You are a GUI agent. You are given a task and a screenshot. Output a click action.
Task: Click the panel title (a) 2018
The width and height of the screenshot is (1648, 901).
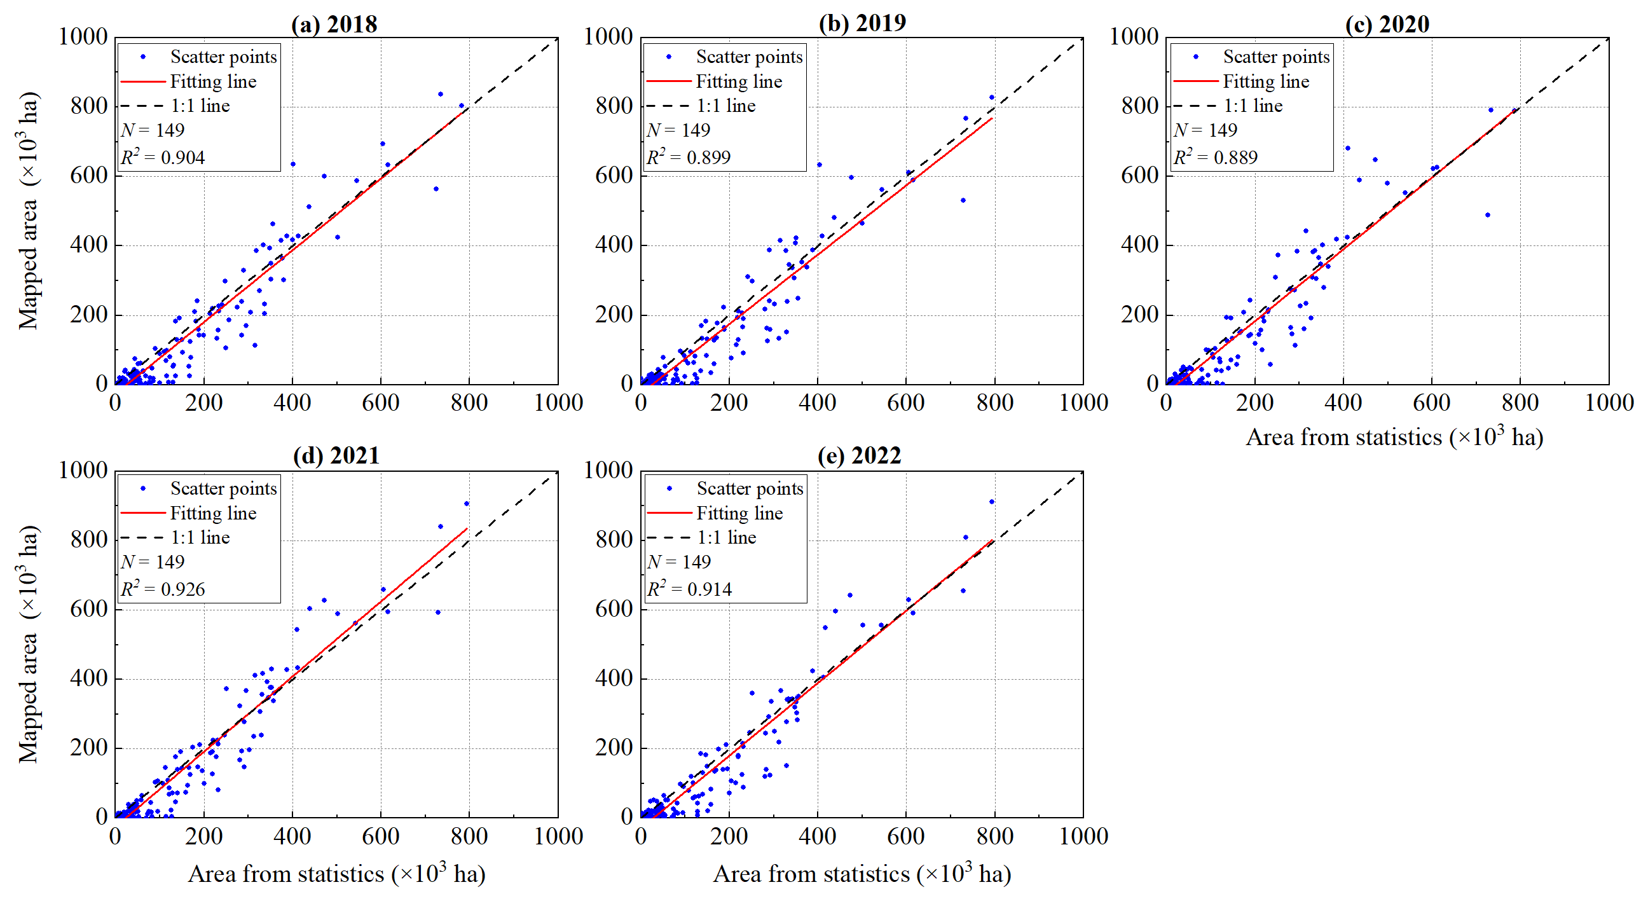(334, 24)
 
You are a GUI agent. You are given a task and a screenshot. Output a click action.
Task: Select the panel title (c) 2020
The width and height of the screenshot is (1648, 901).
(1386, 24)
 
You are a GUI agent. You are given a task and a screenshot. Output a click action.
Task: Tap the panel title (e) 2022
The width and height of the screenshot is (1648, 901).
(859, 456)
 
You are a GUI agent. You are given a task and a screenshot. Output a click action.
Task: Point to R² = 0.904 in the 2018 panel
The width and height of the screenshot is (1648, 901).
(163, 157)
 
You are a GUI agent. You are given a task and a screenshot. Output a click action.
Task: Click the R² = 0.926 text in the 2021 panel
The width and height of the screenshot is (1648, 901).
(163, 589)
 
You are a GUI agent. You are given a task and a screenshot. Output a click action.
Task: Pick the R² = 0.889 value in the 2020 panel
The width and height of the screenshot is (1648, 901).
(1216, 157)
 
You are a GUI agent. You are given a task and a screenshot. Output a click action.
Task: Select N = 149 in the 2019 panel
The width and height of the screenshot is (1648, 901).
(679, 130)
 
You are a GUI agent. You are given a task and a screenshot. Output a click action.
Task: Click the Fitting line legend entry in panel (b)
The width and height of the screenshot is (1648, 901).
(738, 81)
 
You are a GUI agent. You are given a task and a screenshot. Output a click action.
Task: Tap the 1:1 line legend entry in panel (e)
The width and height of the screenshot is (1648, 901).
(726, 537)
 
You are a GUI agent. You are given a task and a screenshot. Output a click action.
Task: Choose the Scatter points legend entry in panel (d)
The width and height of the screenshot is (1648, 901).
(223, 489)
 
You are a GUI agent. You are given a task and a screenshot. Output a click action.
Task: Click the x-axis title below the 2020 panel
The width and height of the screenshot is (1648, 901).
(1395, 437)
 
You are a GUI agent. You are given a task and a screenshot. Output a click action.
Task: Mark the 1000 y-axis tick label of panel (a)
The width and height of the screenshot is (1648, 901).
(83, 36)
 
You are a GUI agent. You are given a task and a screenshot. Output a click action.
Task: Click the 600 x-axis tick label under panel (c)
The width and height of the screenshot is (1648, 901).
(1431, 403)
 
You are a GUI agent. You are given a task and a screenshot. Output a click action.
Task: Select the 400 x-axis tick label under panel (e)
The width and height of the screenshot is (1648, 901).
(817, 836)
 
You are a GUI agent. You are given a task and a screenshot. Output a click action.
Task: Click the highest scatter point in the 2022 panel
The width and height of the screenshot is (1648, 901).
(992, 502)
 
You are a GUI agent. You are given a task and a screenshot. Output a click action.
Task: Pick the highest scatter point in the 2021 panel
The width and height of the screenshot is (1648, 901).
(467, 504)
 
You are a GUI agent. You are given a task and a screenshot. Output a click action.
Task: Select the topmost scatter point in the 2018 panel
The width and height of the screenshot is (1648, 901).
(440, 94)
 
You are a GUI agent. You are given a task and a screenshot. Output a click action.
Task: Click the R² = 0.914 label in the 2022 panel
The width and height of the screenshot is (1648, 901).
(690, 589)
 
